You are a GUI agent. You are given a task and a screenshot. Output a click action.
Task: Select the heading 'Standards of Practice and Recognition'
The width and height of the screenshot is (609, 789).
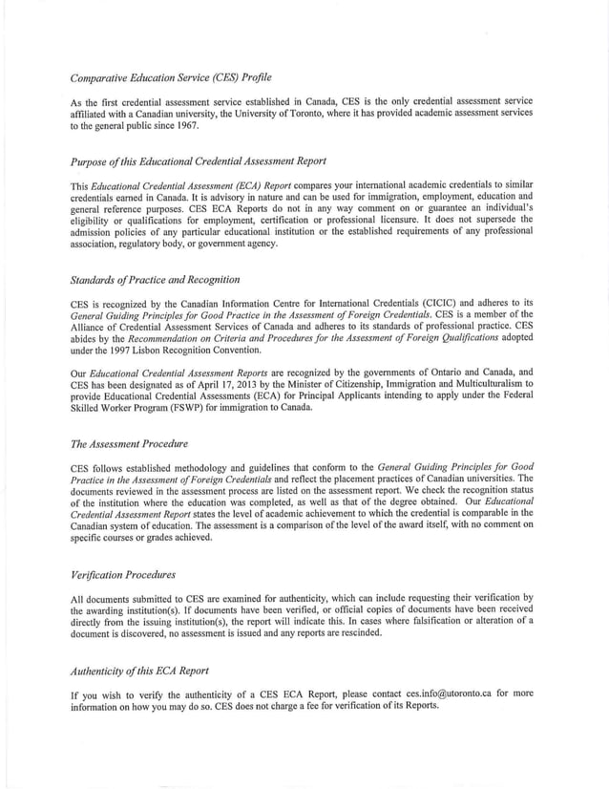[x=155, y=280]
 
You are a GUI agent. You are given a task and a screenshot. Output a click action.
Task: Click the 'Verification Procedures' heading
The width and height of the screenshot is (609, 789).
[x=123, y=575]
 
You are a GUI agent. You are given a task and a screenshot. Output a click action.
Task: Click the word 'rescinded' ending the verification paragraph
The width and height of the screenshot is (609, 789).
[x=356, y=632]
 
